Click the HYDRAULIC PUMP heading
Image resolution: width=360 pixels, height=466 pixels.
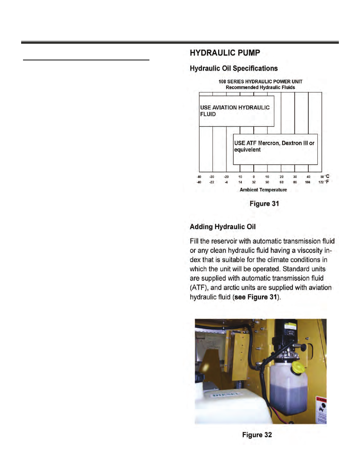click(225, 53)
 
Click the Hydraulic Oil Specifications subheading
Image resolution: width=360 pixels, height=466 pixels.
click(234, 68)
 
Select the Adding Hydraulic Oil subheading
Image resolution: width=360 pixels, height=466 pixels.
click(223, 227)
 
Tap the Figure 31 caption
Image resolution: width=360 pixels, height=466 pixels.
click(264, 204)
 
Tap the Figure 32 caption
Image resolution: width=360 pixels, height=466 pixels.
click(257, 435)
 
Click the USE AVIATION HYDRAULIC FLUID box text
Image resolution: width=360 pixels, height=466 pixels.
click(235, 111)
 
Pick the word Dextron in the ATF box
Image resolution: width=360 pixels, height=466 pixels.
click(292, 143)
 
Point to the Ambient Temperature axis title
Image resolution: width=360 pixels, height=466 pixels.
click(263, 190)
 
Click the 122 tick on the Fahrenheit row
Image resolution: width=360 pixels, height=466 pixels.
click(321, 182)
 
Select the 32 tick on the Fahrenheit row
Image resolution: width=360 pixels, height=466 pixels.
click(254, 182)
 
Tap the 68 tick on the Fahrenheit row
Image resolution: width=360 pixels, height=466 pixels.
click(282, 182)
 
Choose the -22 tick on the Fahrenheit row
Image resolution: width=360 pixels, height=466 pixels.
click(212, 182)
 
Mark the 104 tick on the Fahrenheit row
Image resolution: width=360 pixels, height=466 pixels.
click(308, 182)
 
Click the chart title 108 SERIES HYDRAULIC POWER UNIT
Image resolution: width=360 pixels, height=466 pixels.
click(260, 82)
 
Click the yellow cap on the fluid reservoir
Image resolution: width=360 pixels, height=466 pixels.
click(297, 366)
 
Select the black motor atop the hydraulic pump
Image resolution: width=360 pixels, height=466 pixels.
click(286, 332)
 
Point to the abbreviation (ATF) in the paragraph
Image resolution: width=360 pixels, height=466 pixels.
click(198, 288)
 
